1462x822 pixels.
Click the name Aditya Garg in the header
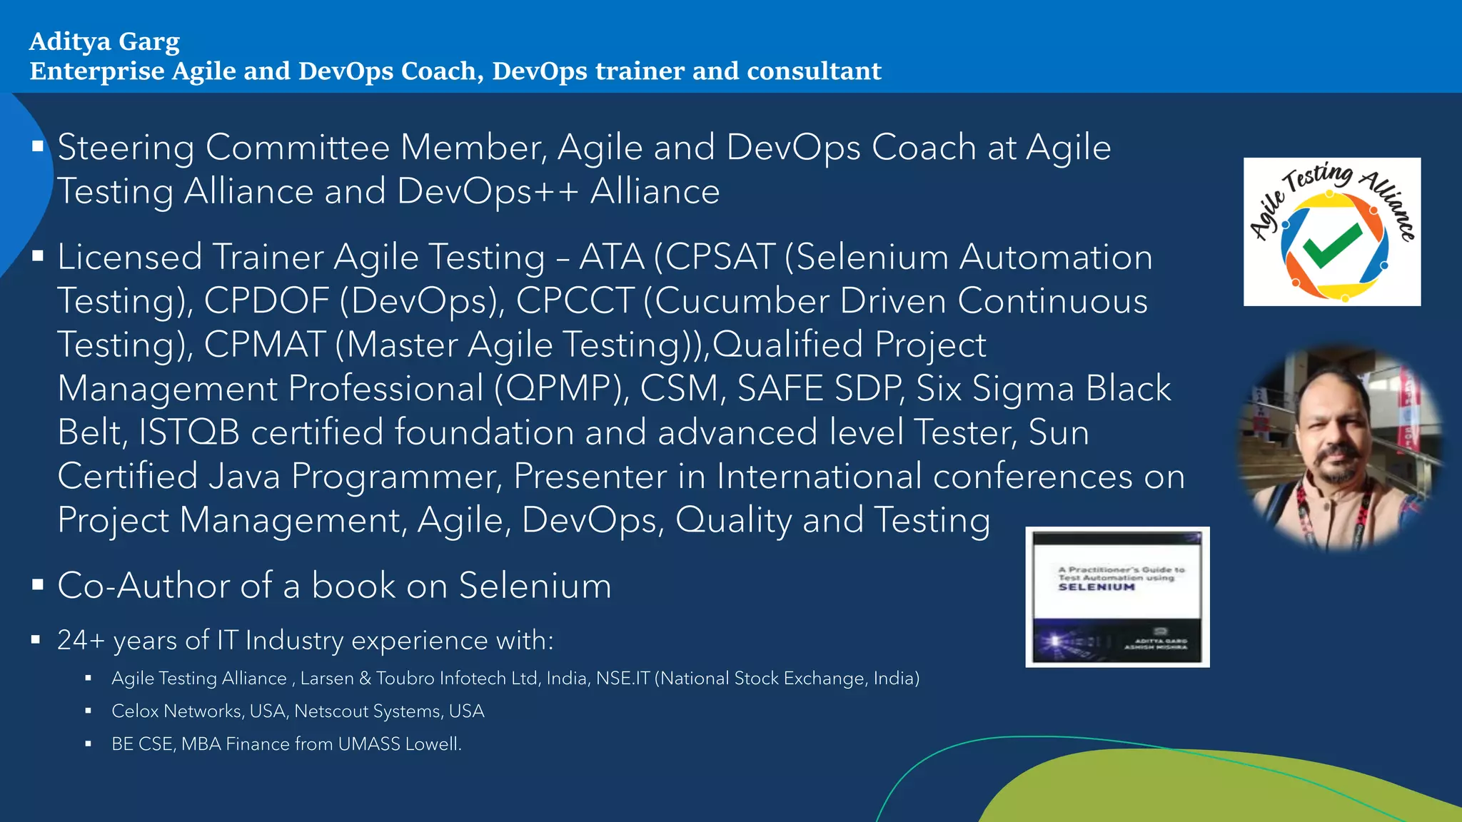[x=104, y=42]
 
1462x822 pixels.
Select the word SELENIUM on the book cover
[x=1096, y=587]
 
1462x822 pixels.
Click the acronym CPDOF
[x=266, y=301]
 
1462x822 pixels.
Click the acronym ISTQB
[x=188, y=432]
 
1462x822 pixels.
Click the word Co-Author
[x=143, y=586]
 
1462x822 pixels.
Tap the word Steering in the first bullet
[x=126, y=148]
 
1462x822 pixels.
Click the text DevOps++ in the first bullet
[x=488, y=192]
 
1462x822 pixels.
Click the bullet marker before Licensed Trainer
[x=38, y=255]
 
